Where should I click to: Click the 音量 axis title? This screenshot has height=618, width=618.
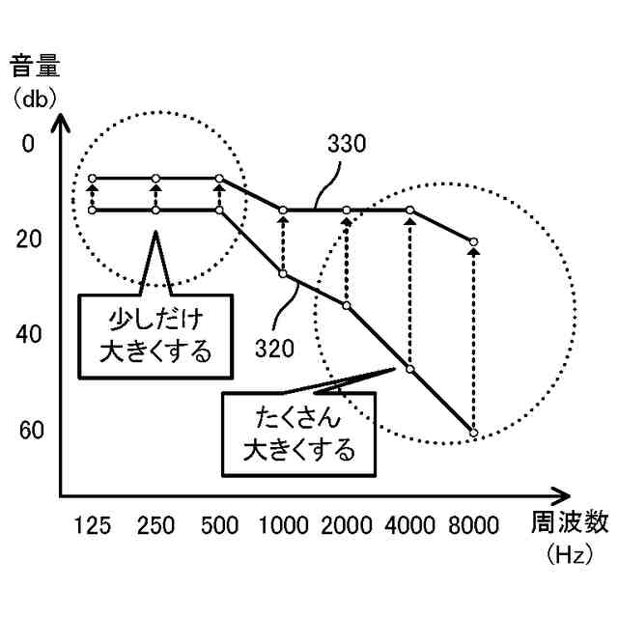37,68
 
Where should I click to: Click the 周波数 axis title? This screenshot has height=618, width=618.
571,522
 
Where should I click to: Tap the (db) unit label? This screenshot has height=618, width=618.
35,98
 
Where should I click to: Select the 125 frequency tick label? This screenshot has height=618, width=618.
93,525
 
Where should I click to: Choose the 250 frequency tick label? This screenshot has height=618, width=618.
156,525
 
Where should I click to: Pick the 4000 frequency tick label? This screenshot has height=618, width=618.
409,525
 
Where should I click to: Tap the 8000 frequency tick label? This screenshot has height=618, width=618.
473,525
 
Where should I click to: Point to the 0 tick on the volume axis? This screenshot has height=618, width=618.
27,144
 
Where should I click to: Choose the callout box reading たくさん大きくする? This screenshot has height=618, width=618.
297,434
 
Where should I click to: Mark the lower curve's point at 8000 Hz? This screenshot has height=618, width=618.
473,432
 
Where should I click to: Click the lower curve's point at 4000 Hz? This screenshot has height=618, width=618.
409,369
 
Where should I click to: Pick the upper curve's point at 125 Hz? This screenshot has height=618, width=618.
93,179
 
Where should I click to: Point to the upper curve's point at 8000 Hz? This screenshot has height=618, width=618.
473,241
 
